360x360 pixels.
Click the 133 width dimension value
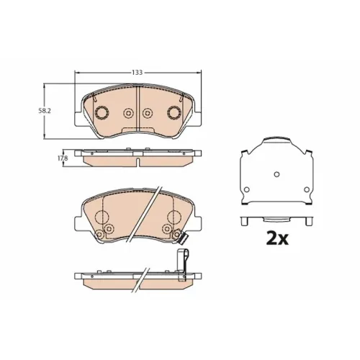tap(137, 72)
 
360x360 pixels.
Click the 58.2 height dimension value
tap(45, 111)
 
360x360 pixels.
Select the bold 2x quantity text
tap(277, 238)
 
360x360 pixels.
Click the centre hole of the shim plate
tap(276, 174)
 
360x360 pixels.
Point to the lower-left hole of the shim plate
tap(247, 189)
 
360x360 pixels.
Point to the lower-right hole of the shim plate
tap(307, 189)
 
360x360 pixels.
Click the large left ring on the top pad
tap(102, 112)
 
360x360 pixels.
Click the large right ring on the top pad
tap(174, 112)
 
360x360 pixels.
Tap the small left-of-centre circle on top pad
tap(129, 113)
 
